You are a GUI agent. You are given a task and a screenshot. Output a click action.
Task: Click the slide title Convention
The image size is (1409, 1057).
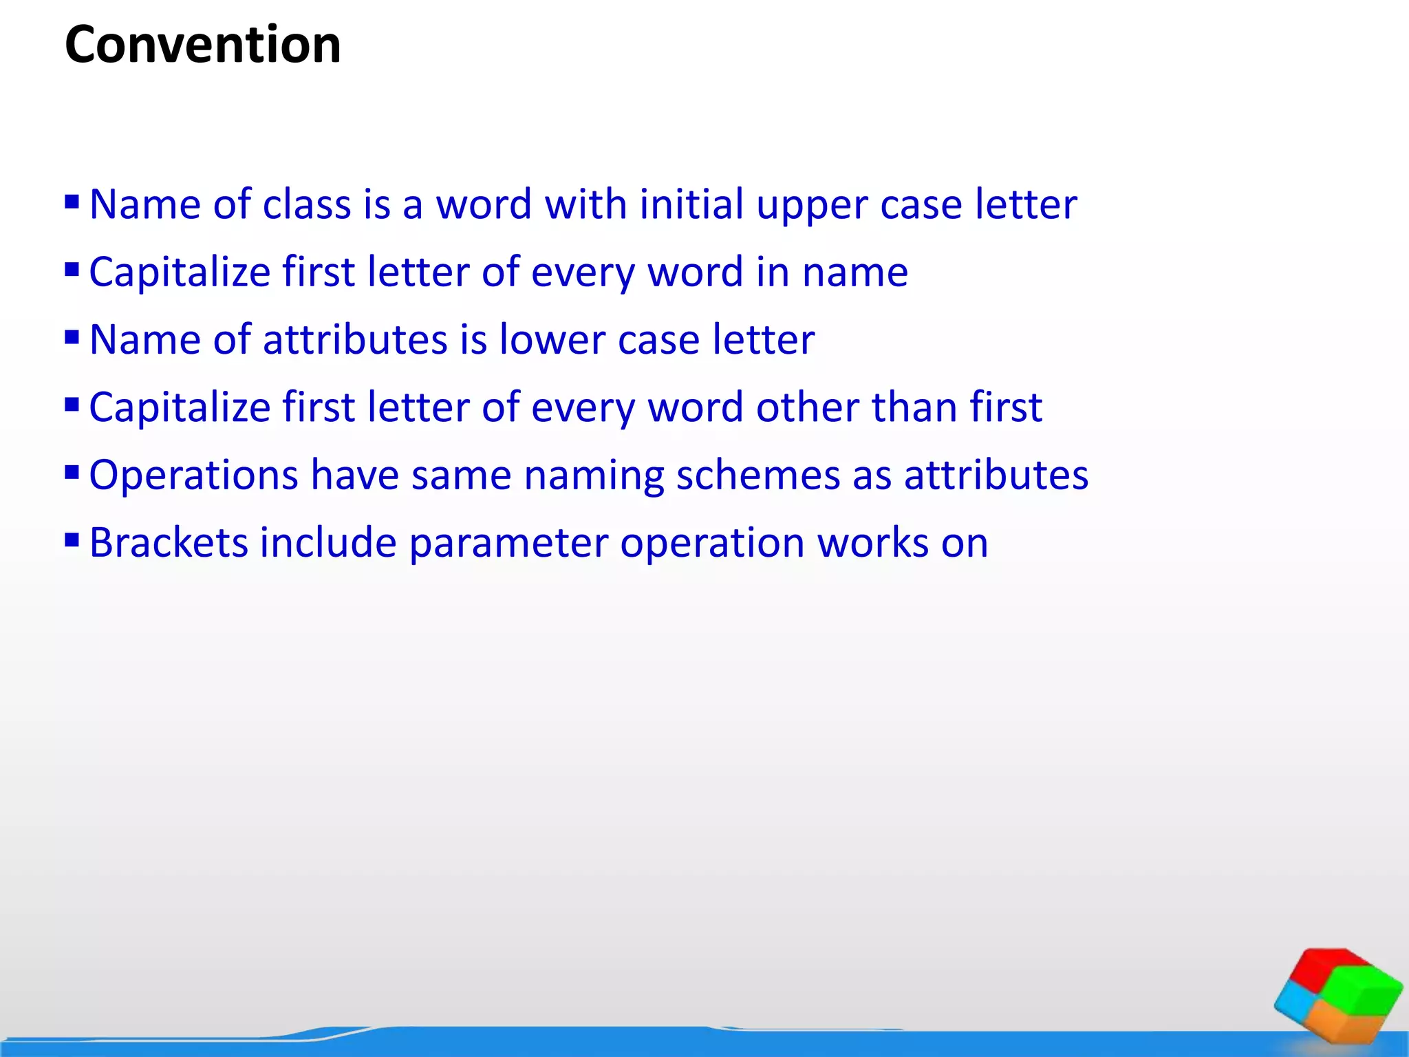(x=202, y=45)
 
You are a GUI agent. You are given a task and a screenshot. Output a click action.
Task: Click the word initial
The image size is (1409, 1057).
(x=691, y=204)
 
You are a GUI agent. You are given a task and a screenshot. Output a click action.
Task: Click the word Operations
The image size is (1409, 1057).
(x=193, y=476)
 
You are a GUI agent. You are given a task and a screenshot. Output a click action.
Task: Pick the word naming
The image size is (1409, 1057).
(x=594, y=476)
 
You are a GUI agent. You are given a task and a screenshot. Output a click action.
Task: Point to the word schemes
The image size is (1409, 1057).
(x=758, y=476)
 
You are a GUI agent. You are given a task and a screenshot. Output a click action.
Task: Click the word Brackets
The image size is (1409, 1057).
(x=169, y=543)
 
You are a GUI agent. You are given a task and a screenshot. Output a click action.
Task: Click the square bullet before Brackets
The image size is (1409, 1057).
(x=72, y=540)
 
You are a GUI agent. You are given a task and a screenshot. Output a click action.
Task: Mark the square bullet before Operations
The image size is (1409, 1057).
(x=72, y=473)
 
